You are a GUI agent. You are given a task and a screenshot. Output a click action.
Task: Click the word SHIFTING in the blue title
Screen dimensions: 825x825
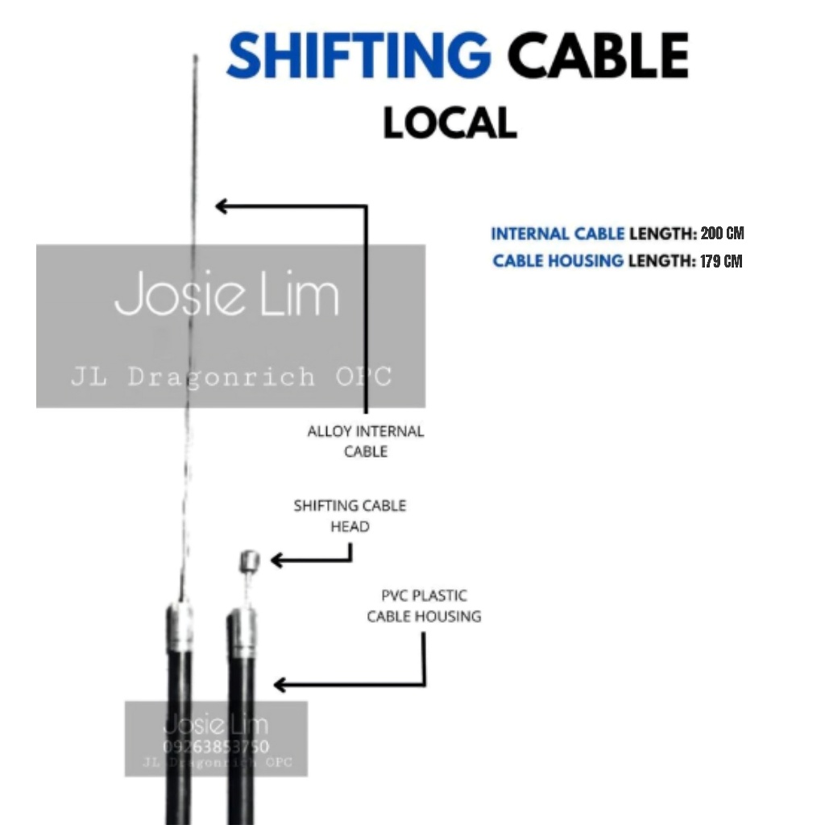359,56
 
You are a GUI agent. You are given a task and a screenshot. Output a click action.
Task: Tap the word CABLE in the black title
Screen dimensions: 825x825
599,56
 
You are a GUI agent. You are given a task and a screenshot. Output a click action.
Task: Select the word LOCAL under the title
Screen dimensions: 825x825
450,123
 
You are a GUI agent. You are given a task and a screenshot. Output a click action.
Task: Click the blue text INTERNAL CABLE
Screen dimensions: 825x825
558,234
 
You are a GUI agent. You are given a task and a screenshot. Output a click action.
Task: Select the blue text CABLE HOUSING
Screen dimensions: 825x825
558,261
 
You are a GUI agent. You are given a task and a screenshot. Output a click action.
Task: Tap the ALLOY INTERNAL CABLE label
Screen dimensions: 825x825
365,441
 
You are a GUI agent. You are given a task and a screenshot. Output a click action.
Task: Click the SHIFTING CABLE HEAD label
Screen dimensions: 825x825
350,516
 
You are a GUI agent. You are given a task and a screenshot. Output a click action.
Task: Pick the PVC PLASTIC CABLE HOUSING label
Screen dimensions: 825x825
424,606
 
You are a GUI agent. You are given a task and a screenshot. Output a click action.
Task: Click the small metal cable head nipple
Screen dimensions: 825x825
249,561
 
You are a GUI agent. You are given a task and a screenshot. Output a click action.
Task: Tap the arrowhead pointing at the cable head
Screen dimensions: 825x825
276,560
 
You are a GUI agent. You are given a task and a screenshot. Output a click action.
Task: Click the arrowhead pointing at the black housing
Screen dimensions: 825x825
279,685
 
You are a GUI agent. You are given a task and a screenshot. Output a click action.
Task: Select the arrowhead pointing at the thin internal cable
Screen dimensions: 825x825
220,206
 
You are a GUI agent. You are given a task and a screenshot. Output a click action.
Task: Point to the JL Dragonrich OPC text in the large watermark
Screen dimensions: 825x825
231,376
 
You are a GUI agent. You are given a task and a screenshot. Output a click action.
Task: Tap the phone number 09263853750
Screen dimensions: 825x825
216,747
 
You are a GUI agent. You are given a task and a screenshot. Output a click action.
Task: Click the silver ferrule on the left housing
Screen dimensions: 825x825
180,627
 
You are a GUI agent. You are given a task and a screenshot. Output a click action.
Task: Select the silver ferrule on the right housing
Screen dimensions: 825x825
241,632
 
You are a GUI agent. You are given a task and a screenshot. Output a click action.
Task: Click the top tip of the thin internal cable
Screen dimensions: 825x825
195,57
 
